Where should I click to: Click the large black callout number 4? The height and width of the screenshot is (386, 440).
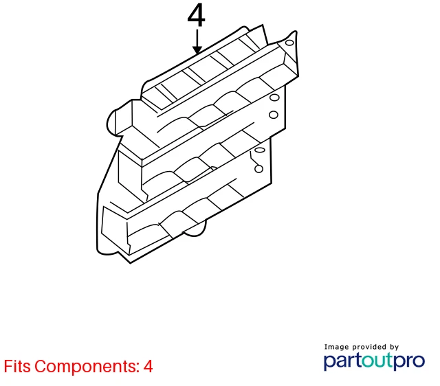pos(197,15)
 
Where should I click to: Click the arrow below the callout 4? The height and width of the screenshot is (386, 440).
pos(197,41)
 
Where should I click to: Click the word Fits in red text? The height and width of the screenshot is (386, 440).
pos(16,366)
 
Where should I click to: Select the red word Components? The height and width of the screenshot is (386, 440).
pos(87,367)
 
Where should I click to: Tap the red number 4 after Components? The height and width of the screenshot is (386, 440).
pos(148,366)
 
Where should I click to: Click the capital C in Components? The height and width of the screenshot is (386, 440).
pos(41,366)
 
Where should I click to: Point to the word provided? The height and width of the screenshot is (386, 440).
pos(370,347)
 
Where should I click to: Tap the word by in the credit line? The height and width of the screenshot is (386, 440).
pos(394,348)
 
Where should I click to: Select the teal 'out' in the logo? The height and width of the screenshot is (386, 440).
pos(377,361)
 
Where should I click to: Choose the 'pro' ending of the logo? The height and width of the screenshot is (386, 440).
pos(409,361)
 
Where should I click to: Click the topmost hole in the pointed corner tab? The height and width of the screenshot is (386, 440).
pos(289,43)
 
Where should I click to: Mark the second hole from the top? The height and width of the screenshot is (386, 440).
pos(274,98)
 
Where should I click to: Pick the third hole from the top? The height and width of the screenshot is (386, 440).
pos(274,115)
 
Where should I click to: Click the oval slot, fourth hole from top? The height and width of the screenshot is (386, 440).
pos(260,150)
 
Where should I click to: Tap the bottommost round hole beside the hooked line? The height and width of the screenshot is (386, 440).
pos(258,169)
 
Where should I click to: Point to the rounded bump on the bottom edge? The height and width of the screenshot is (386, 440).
pos(195,229)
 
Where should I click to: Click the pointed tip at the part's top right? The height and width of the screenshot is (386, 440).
pos(295,32)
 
